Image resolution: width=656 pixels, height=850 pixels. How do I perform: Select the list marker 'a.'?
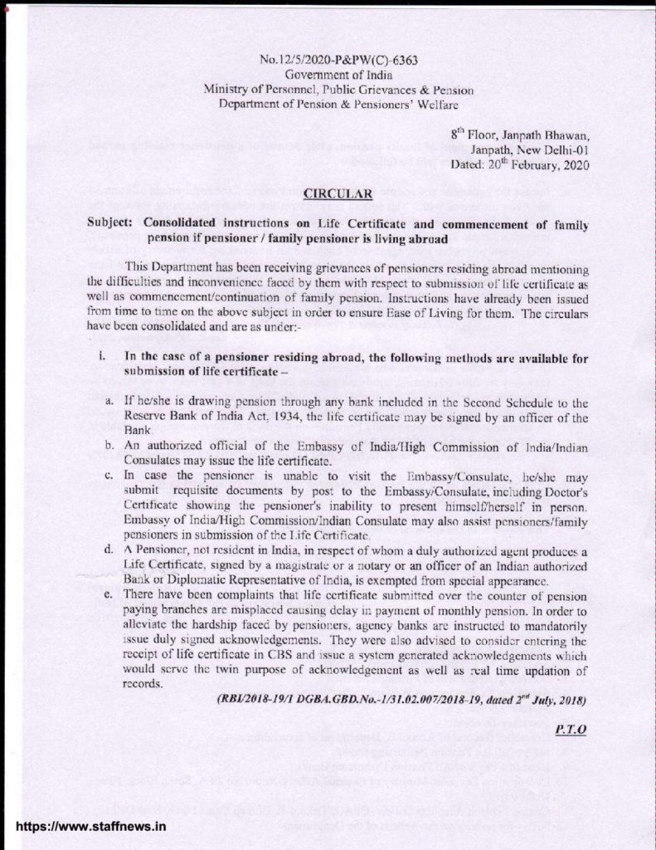[109, 403]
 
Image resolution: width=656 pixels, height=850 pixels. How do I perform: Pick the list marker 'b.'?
[109, 447]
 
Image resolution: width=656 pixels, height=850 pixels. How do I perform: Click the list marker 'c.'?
[109, 477]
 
